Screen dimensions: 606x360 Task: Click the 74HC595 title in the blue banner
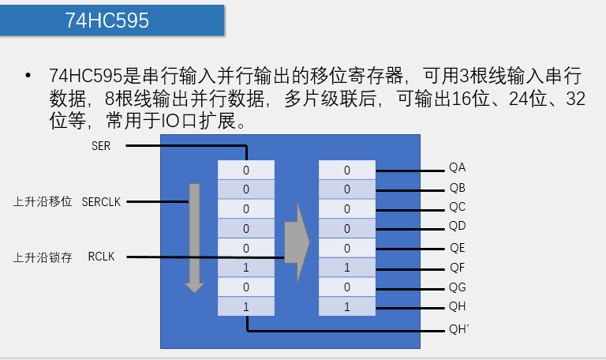point(107,21)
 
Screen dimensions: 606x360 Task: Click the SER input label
point(102,146)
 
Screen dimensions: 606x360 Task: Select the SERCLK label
point(101,201)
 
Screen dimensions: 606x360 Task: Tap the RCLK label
point(101,257)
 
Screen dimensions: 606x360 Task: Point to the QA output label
point(458,169)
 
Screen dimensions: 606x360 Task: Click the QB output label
point(458,189)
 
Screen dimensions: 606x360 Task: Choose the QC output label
point(458,208)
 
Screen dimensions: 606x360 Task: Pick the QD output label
point(458,227)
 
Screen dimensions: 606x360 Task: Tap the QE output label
point(458,248)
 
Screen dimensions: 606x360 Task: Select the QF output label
point(458,267)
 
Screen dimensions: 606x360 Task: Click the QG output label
point(458,287)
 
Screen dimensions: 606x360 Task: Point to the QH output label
point(458,306)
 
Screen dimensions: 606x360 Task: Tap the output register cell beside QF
point(346,268)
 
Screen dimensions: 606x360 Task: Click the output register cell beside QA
point(346,170)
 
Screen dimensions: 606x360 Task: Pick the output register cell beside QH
point(346,306)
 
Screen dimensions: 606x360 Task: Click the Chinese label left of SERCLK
point(43,201)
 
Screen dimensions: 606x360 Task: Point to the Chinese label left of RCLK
point(43,257)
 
